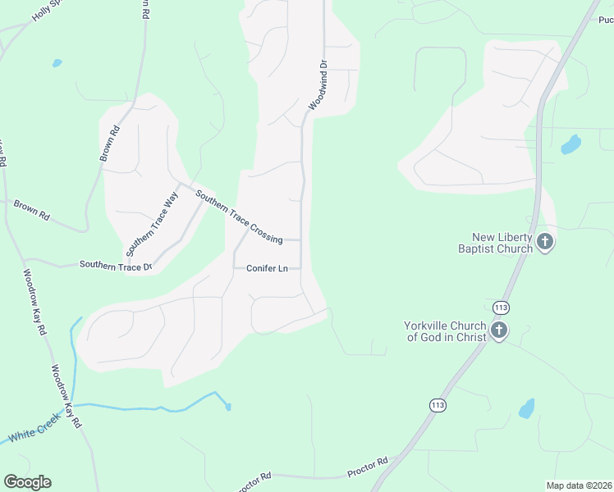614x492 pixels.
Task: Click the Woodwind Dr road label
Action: coord(318,85)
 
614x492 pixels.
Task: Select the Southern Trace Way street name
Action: coord(152,222)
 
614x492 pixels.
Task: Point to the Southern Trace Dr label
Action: coord(115,265)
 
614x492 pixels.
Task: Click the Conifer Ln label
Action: coord(267,268)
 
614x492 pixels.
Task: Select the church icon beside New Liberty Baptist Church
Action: coord(545,241)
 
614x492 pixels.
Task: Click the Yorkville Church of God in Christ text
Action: coord(445,330)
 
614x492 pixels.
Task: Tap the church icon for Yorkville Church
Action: coord(498,330)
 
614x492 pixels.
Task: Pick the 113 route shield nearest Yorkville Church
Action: coord(501,307)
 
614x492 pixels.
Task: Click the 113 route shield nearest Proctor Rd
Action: coord(438,404)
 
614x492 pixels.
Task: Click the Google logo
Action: coord(27,482)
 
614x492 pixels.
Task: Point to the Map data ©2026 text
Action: coord(578,485)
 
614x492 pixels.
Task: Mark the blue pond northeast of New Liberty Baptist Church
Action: coord(570,144)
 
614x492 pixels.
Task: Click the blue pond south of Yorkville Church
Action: coord(526,408)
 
